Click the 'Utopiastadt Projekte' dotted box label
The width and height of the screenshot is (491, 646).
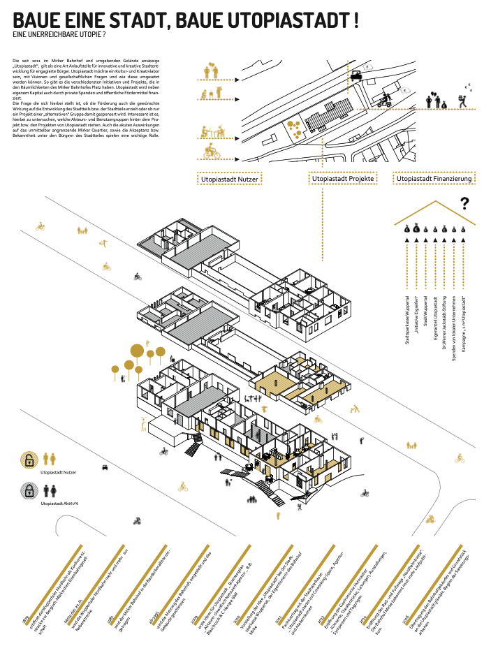coord(344,179)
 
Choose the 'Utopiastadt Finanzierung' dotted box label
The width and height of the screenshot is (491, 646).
coord(434,179)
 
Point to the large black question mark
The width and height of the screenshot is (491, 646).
coord(464,204)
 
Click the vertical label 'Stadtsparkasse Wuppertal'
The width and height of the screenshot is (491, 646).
coord(406,321)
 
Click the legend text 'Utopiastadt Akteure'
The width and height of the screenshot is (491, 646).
coord(61,503)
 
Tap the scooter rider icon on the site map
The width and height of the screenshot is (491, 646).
coord(383,101)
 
